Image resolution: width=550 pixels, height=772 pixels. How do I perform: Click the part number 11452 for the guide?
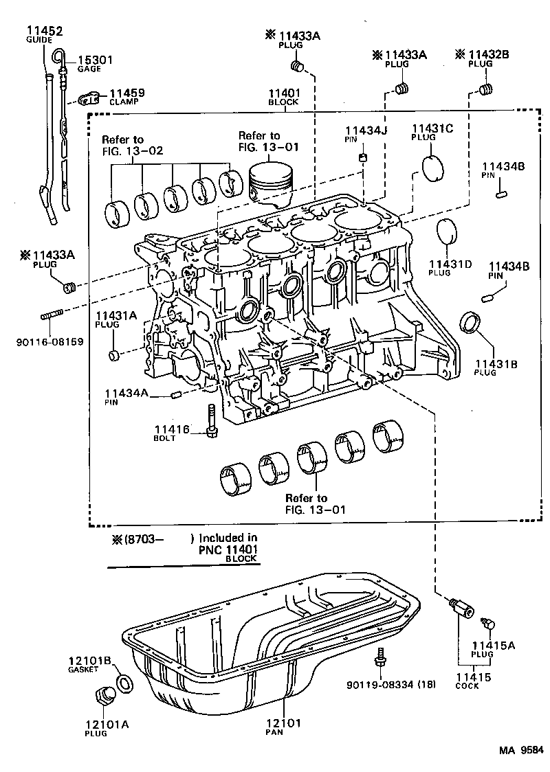[x=45, y=31]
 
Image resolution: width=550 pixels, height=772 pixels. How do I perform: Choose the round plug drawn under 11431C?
[x=433, y=169]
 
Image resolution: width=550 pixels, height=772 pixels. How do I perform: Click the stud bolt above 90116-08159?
[x=52, y=317]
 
